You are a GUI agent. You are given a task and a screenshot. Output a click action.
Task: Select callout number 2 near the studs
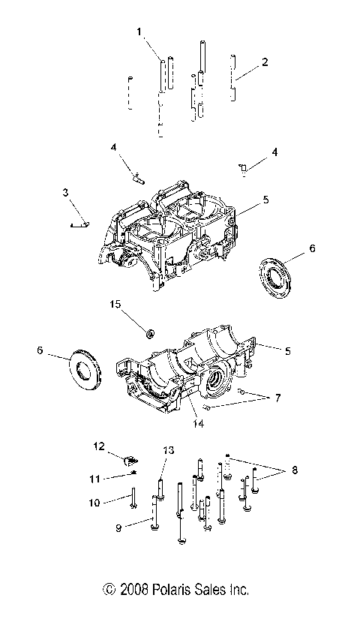pyautogui.click(x=263, y=62)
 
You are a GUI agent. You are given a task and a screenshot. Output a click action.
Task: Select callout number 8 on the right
pyautogui.click(x=294, y=470)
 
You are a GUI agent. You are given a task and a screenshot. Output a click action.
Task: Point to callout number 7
pyautogui.click(x=277, y=398)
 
